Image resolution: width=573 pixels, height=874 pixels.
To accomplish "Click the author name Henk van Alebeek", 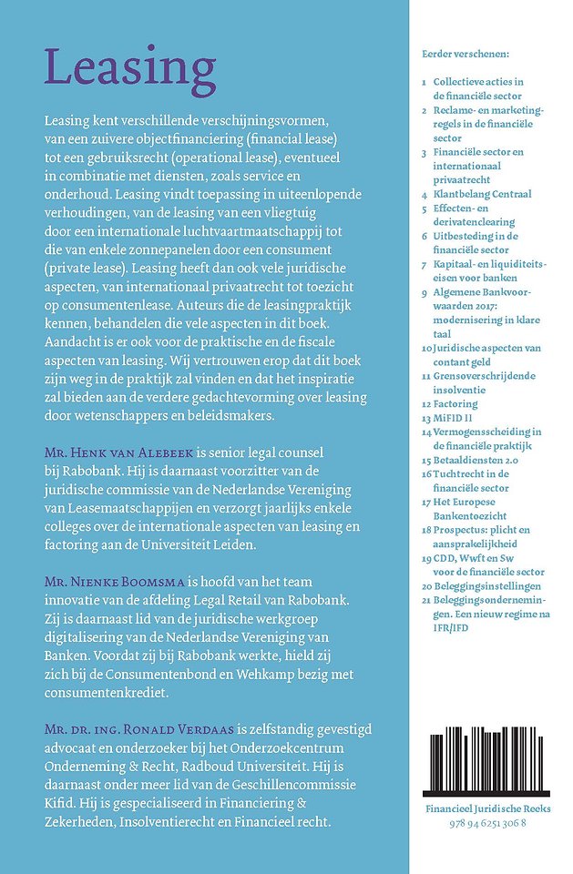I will (121, 452).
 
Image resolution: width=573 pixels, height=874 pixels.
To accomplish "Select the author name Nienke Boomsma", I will (109, 579).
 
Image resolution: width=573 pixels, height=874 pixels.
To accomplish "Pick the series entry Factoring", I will (455, 402).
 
